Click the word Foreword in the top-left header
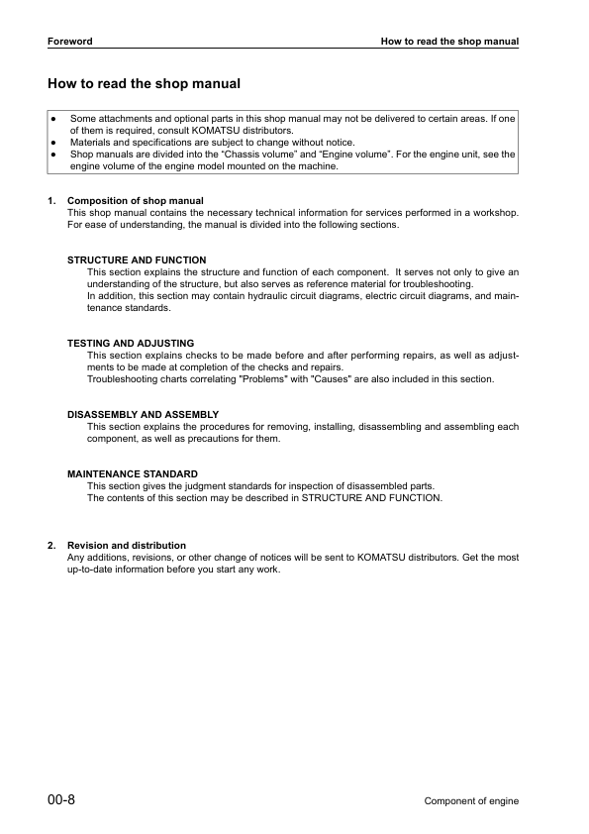[x=69, y=42]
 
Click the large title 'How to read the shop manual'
[x=145, y=84]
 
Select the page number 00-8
[x=61, y=799]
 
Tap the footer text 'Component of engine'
[x=471, y=801]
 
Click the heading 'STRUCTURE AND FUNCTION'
[x=137, y=261]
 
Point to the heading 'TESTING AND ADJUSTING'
[x=131, y=343]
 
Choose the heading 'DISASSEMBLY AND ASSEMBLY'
[x=143, y=414]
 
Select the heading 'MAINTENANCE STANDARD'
[x=133, y=474]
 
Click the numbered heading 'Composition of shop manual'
[x=136, y=201]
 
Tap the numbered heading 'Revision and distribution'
[x=127, y=546]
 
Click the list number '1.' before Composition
[x=51, y=201]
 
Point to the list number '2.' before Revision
[x=51, y=546]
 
